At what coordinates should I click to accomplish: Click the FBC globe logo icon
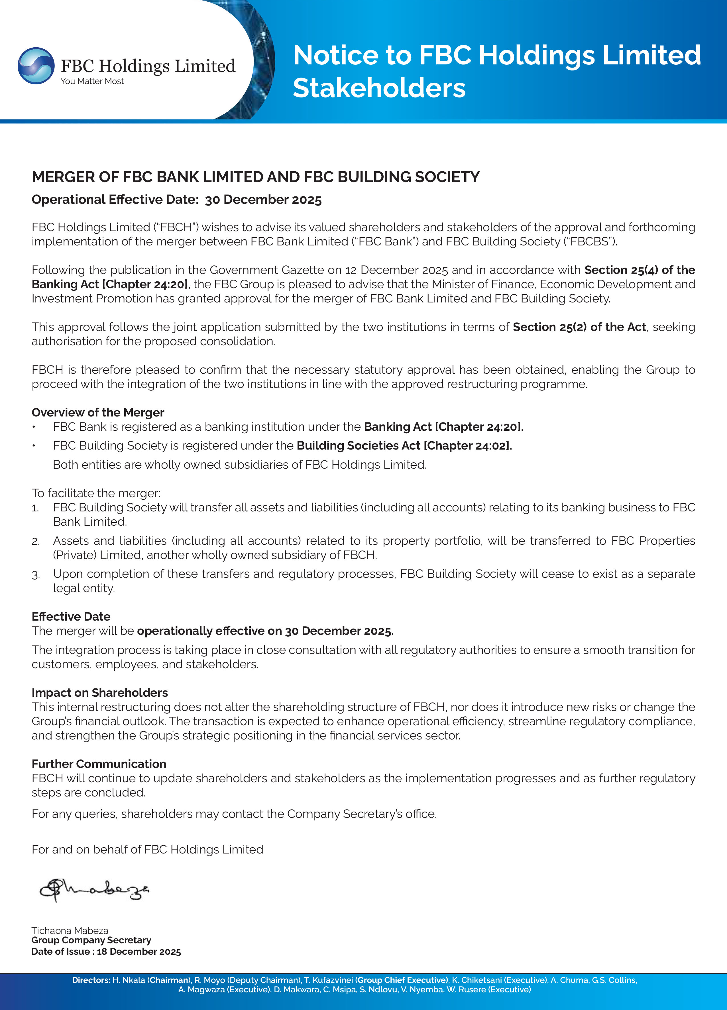click(36, 66)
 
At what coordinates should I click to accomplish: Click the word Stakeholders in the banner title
click(379, 88)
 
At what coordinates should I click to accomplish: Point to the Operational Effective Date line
click(176, 200)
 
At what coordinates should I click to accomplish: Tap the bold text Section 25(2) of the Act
click(579, 327)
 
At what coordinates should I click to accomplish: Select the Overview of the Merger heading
click(98, 412)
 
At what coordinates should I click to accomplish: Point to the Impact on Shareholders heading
click(100, 692)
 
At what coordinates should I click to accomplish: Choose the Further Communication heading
click(99, 764)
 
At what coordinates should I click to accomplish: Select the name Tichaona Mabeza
click(70, 931)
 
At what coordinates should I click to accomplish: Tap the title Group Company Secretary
click(91, 940)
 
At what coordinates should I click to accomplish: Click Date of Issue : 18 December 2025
click(106, 952)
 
